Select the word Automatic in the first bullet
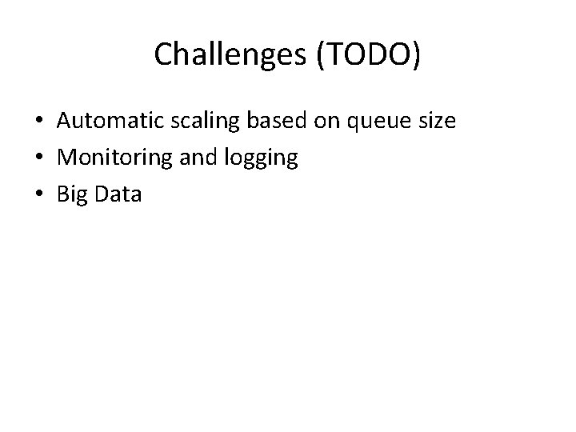[105, 122]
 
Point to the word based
[267, 122]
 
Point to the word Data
[118, 194]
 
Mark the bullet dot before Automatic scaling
[38, 122]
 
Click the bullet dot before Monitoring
[38, 158]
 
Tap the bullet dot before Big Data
[38, 194]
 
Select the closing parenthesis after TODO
[415, 54]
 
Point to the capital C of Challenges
[162, 54]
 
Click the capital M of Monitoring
[66, 158]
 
